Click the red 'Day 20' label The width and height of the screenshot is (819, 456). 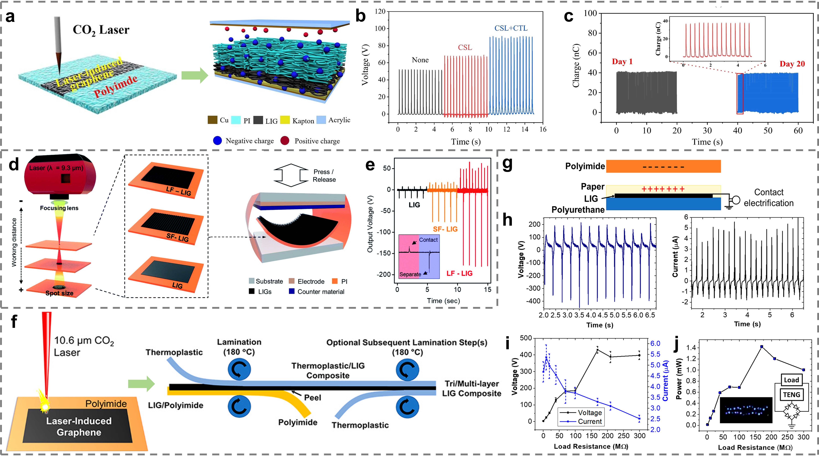pos(792,64)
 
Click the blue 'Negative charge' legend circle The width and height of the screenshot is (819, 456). pos(217,141)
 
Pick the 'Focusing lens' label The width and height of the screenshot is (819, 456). pos(59,208)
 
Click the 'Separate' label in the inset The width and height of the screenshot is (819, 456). pos(410,274)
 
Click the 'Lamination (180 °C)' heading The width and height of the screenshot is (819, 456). pos(239,347)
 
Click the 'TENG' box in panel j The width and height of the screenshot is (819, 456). pos(791,395)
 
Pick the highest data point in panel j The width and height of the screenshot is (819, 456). pos(761,346)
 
